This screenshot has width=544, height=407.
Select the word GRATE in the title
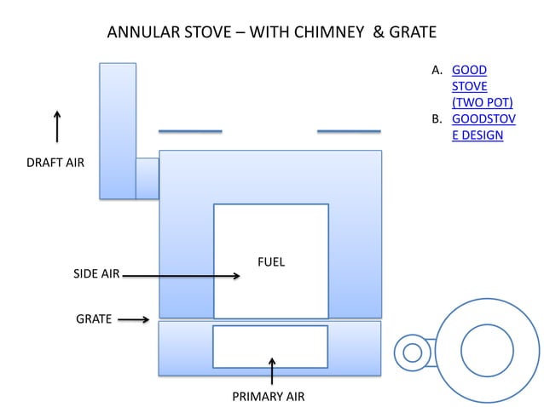point(411,33)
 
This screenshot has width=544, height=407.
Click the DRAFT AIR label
point(57,162)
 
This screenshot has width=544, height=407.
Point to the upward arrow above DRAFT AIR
point(57,126)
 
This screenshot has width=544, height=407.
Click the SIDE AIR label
point(95,274)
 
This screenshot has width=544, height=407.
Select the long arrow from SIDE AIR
point(181,275)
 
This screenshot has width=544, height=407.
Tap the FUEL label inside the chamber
point(271,261)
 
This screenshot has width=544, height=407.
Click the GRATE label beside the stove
point(94,319)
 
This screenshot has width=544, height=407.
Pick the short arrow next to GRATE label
point(133,321)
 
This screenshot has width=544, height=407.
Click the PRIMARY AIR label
point(268,397)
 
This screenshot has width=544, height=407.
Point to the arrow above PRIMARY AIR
point(272,371)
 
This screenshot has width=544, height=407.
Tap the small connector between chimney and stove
point(148,178)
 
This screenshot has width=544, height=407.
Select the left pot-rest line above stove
point(190,131)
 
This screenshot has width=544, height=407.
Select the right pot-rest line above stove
point(349,131)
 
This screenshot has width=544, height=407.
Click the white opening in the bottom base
point(270,347)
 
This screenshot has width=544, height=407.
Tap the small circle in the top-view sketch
point(413,352)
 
